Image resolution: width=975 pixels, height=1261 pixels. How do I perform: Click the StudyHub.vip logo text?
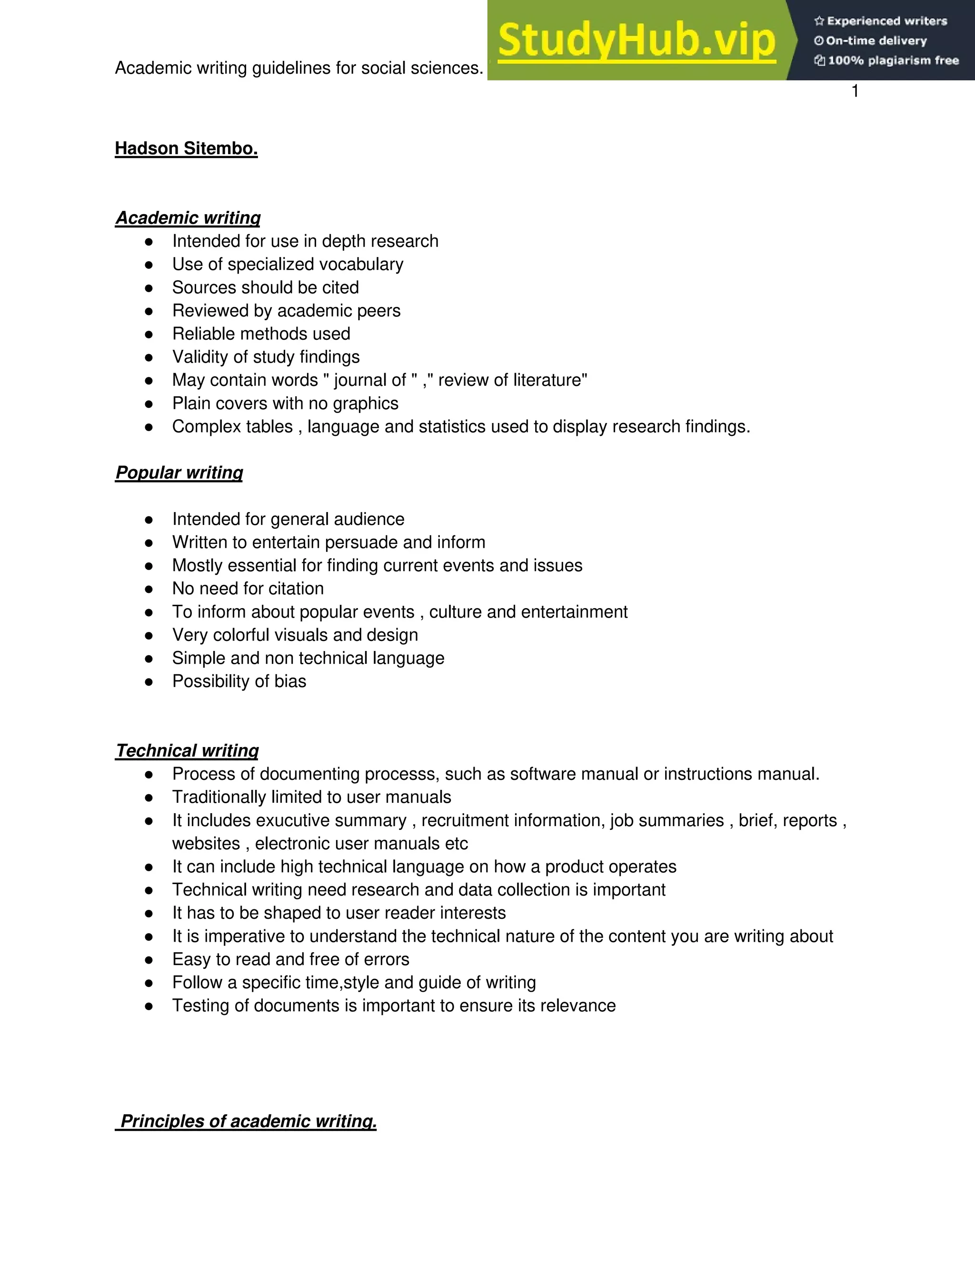[x=636, y=40]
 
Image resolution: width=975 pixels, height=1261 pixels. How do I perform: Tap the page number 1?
[x=855, y=91]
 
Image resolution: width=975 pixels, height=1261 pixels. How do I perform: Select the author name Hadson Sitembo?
[x=186, y=148]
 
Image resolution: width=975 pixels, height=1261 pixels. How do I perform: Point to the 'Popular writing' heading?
[x=179, y=473]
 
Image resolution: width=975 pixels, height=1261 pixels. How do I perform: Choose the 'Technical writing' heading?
[x=187, y=750]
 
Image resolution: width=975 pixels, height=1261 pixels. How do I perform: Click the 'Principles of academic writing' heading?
[x=248, y=1121]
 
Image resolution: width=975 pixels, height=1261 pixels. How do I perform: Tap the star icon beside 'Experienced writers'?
[x=818, y=21]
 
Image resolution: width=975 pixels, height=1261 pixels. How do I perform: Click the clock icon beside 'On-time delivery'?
[x=818, y=41]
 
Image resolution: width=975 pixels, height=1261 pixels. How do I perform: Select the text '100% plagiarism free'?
[x=893, y=60]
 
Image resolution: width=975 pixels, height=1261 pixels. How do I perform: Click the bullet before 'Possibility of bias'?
[x=149, y=681]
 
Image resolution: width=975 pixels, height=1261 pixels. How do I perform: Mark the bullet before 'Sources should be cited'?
[x=149, y=287]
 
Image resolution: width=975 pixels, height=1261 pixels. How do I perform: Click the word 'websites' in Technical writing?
[x=206, y=844]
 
